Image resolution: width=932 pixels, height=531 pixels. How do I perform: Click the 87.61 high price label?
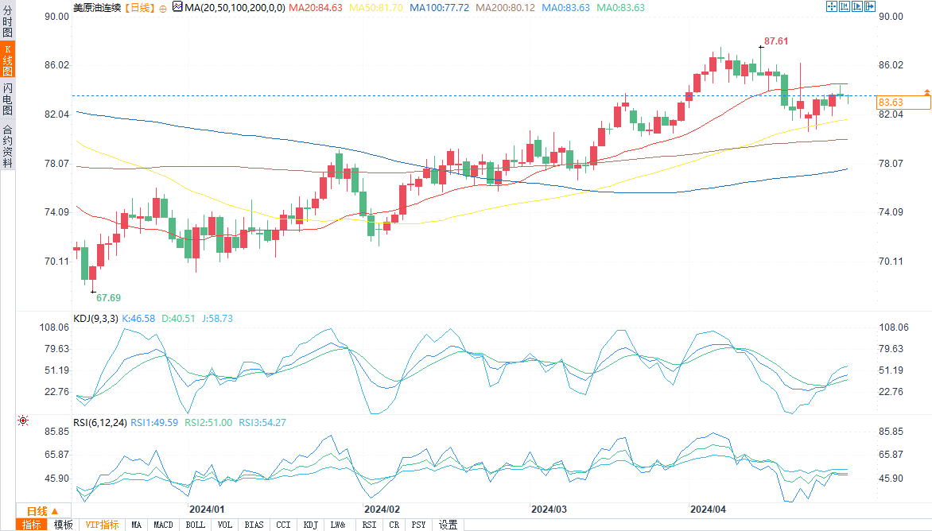pos(776,41)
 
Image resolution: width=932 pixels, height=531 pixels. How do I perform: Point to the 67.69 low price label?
pos(108,298)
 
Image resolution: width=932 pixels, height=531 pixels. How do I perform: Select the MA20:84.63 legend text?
pos(316,7)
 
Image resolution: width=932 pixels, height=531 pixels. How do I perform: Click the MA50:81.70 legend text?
pos(378,7)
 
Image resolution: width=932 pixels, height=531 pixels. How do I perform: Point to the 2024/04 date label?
pos(708,509)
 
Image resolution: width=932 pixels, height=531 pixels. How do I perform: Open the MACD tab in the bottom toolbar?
pos(163,525)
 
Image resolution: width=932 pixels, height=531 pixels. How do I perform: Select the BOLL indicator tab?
pos(195,525)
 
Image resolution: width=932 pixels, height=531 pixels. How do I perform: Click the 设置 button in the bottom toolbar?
pos(449,525)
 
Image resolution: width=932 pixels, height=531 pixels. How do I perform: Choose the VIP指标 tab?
pos(102,525)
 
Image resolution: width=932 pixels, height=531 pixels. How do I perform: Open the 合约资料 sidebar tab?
pos(7,145)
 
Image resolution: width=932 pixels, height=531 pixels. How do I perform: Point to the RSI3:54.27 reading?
pos(264,423)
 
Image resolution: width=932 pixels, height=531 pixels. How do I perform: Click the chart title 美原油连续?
pos(97,7)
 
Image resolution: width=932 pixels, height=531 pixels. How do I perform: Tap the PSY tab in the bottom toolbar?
pos(418,525)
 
